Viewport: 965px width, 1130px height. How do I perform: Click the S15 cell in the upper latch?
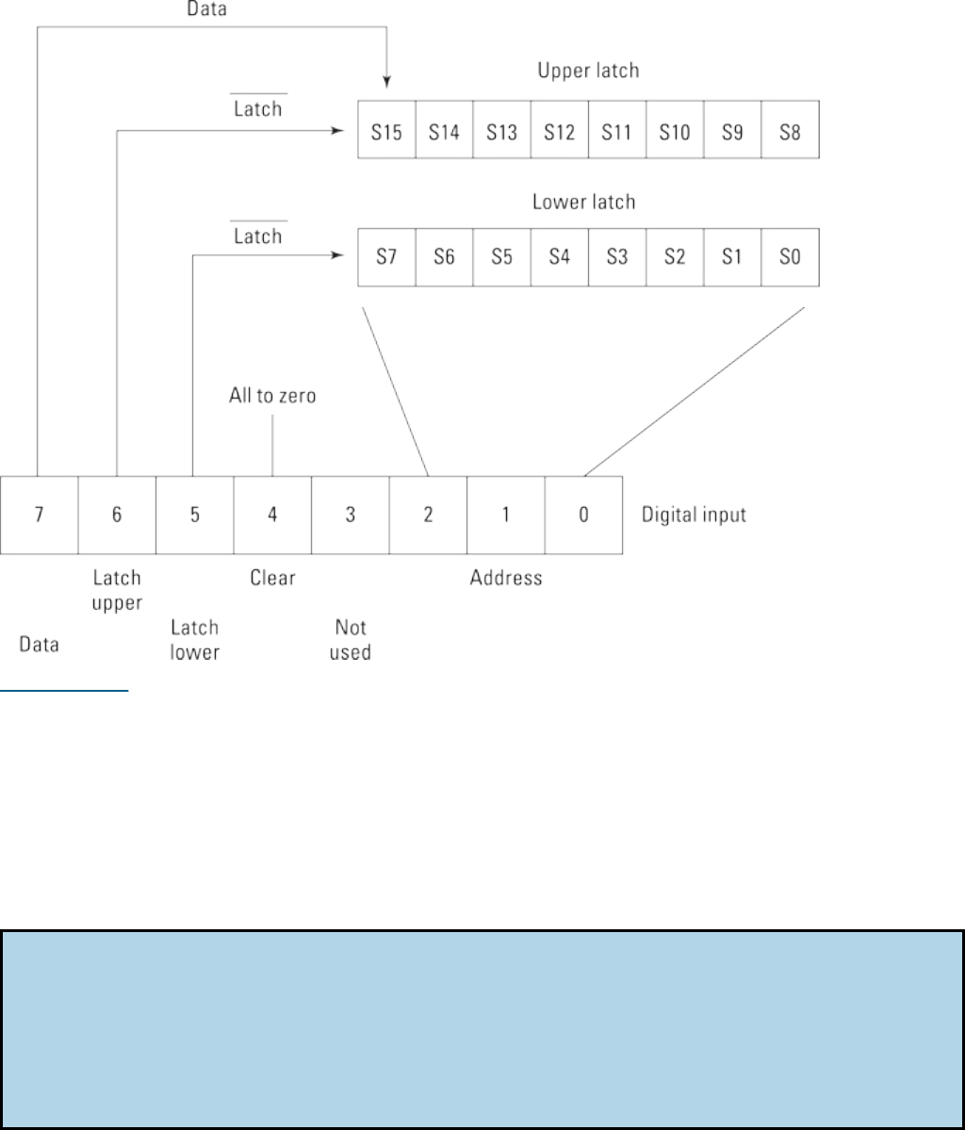386,130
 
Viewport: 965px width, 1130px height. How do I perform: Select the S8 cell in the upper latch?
791,130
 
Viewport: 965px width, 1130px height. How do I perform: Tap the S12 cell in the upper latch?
559,130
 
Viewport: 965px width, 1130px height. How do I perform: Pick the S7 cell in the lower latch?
386,256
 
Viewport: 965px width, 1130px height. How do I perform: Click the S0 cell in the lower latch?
791,256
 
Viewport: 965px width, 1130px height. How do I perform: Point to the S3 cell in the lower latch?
617,256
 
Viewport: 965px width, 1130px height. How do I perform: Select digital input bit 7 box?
39,516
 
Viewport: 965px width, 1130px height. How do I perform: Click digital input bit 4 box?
272,516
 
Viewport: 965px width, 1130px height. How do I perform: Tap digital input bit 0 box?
583,516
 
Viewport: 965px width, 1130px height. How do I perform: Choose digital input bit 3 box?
350,516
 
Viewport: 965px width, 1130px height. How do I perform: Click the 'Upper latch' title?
588,71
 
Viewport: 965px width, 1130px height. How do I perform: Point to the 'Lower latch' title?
583,202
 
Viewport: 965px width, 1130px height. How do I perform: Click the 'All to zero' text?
272,396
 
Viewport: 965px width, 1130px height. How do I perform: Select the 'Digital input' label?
694,516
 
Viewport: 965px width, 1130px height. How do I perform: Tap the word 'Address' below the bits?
506,577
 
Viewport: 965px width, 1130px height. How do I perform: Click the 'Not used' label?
351,639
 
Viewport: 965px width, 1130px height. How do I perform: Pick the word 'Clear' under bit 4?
272,577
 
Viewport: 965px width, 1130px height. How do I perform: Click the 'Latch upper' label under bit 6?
117,589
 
